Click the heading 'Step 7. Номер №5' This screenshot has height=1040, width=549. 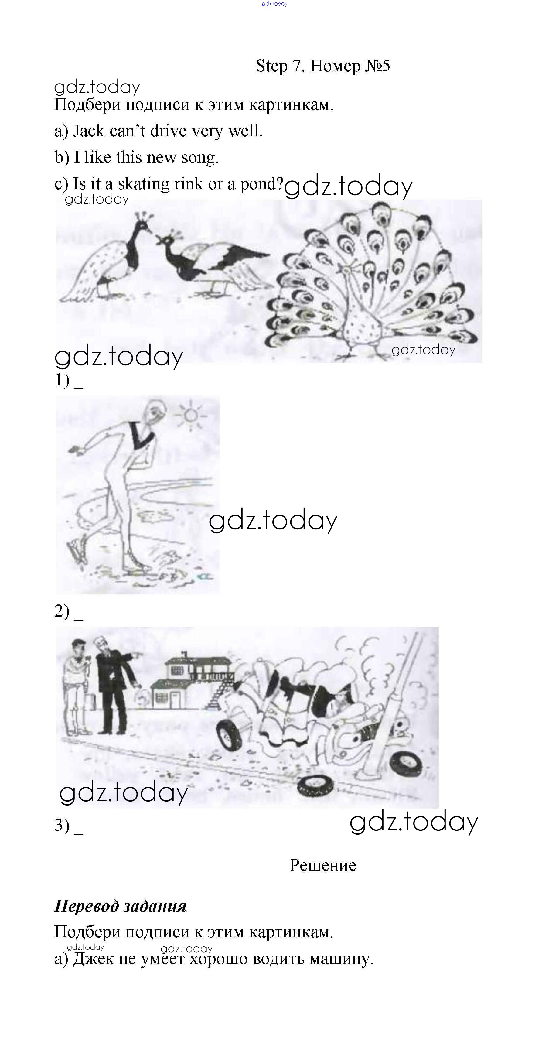[x=323, y=66]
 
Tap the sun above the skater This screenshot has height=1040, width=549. [x=191, y=416]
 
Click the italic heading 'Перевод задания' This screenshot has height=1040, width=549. [x=120, y=906]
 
